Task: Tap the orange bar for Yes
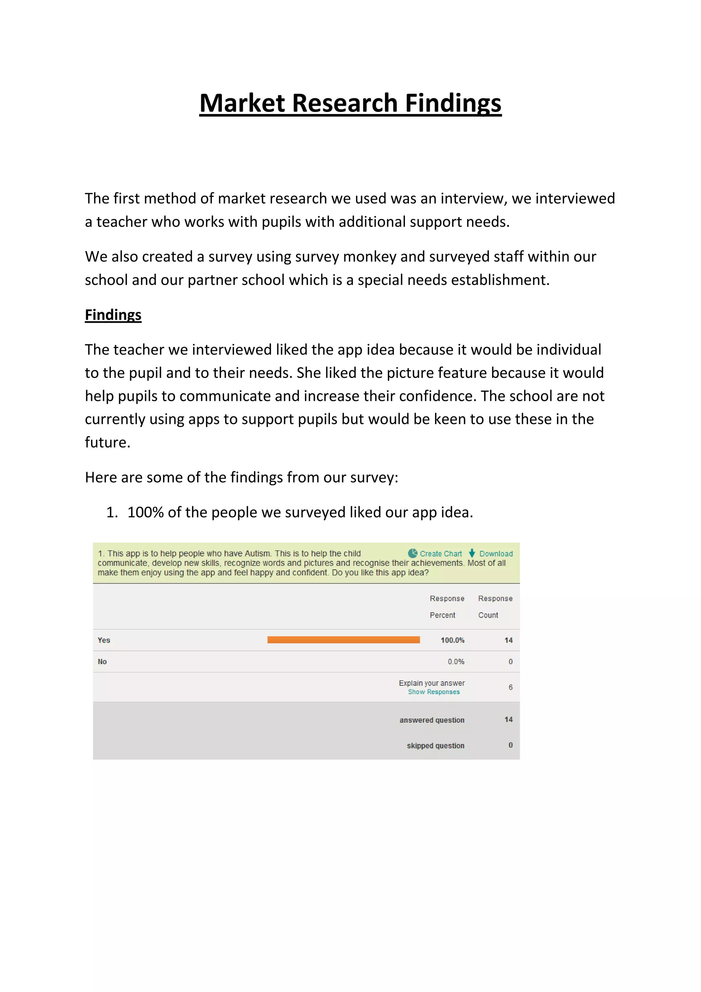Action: [343, 640]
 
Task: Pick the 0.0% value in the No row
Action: [456, 661]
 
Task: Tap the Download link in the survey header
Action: [496, 554]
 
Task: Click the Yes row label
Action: [104, 640]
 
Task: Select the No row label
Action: [102, 661]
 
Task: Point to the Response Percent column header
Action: [447, 607]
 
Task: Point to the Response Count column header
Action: [495, 607]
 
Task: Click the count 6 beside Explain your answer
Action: [510, 687]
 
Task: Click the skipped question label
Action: [435, 745]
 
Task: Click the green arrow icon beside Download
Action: [472, 553]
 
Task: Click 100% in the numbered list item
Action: [145, 512]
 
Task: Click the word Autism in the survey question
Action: [258, 554]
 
